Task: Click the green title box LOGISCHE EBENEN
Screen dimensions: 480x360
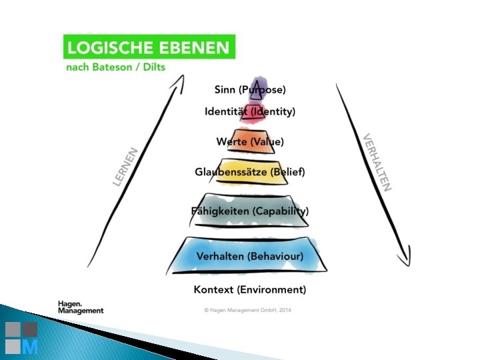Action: tap(149, 48)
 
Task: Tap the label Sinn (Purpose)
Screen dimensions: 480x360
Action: tap(250, 89)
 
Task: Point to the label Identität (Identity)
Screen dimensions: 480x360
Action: tap(250, 111)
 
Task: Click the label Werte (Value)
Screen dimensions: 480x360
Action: tap(250, 141)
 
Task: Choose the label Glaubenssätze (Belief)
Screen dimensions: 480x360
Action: tap(250, 172)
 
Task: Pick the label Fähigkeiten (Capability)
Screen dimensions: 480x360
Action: tap(250, 211)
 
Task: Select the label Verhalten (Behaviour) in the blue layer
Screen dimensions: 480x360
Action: tap(250, 256)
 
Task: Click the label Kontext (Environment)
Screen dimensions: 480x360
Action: tap(250, 289)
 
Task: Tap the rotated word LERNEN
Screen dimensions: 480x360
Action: tap(126, 167)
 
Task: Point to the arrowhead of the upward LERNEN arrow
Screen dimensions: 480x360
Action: tap(178, 81)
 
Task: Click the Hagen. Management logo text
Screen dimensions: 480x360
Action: tap(81, 307)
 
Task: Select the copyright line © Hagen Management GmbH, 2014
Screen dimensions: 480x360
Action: tap(248, 310)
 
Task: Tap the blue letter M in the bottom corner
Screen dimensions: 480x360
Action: tap(29, 347)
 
